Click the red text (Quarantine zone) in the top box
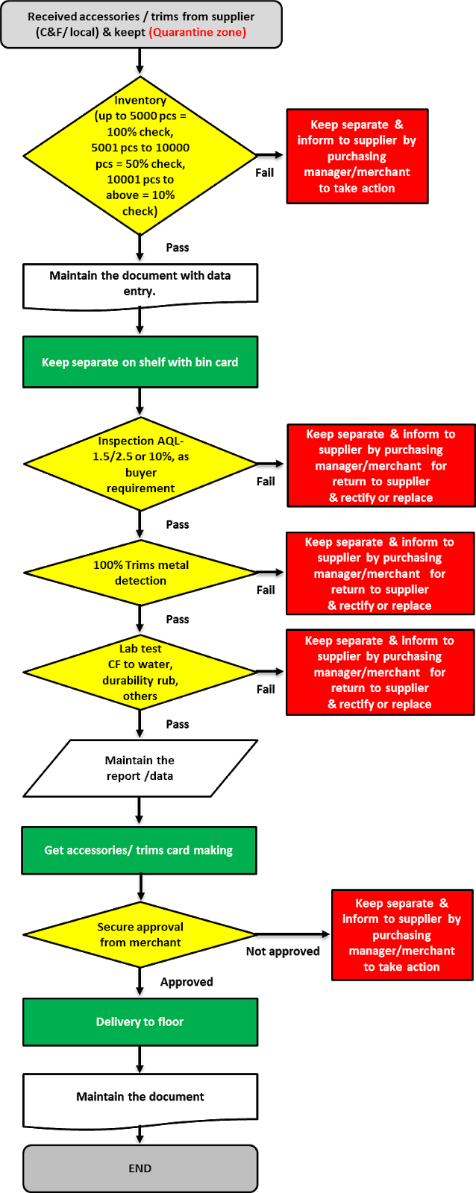(198, 32)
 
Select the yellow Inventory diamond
(140, 156)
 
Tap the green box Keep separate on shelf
(140, 362)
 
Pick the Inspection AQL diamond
(140, 465)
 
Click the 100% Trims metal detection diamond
(140, 573)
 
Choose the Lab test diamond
(140, 673)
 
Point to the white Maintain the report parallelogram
(140, 768)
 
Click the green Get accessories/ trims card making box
(139, 850)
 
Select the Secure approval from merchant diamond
(140, 934)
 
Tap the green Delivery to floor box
(140, 1022)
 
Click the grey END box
(140, 1168)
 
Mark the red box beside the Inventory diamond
(357, 157)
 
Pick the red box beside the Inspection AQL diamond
(381, 465)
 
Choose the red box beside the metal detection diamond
(379, 573)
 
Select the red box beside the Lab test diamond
(379, 672)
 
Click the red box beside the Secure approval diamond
(401, 935)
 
